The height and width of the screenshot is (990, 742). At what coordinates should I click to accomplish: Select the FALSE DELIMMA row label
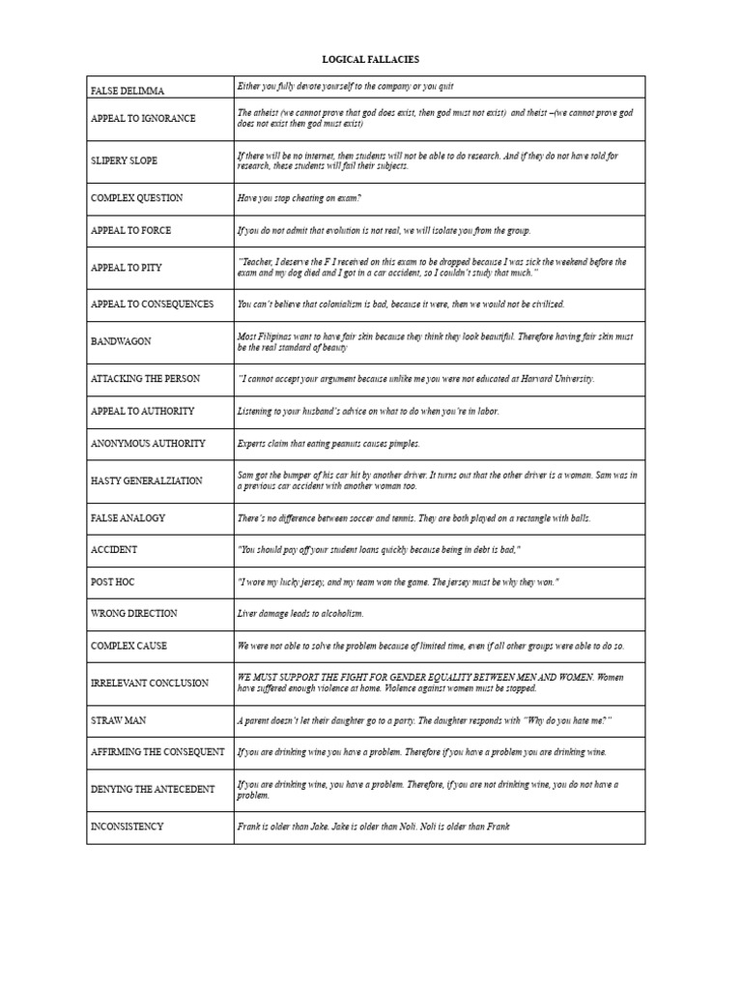tap(128, 91)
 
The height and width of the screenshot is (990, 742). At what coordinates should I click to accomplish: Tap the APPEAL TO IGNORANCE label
tap(143, 119)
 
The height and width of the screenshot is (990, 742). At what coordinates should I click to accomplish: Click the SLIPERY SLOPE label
tap(124, 160)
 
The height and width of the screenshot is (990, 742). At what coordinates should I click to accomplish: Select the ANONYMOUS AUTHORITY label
tap(148, 444)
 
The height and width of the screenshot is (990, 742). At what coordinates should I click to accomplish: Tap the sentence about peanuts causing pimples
tap(328, 444)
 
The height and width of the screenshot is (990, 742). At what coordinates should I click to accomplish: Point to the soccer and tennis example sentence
tap(414, 518)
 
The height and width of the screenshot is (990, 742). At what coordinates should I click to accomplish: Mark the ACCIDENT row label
tap(114, 550)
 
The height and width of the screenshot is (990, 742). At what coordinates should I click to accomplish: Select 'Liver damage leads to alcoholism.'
tap(300, 614)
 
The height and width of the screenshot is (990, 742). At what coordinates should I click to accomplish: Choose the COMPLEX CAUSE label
tap(133, 646)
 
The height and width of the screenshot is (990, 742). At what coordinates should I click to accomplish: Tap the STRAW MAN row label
tap(119, 721)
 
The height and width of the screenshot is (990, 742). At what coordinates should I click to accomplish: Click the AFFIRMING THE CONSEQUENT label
tap(157, 752)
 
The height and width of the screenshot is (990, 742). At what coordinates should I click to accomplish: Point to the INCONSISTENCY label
tap(128, 828)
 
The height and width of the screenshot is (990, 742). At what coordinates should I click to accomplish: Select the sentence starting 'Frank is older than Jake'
tap(372, 828)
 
